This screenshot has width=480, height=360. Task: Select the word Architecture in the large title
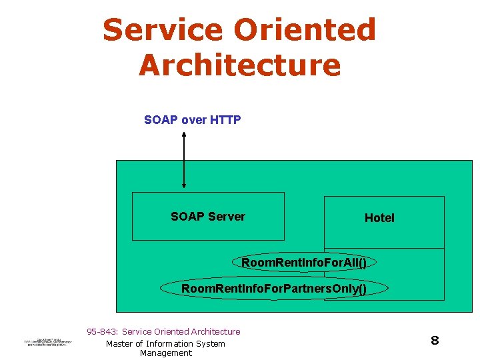click(x=239, y=65)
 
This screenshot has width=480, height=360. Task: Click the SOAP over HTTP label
click(x=192, y=120)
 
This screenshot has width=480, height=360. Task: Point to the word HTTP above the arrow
click(x=225, y=120)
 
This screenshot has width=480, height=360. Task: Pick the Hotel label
click(x=379, y=218)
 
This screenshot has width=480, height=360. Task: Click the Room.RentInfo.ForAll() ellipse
click(x=304, y=263)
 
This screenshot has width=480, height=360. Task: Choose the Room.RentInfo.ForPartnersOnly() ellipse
click(x=274, y=289)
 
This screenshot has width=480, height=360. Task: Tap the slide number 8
click(x=435, y=341)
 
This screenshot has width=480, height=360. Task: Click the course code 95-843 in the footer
click(x=103, y=331)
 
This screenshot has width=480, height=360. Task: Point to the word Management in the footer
click(x=166, y=353)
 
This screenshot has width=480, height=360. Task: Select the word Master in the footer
click(x=121, y=343)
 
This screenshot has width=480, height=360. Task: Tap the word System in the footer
click(x=211, y=343)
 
